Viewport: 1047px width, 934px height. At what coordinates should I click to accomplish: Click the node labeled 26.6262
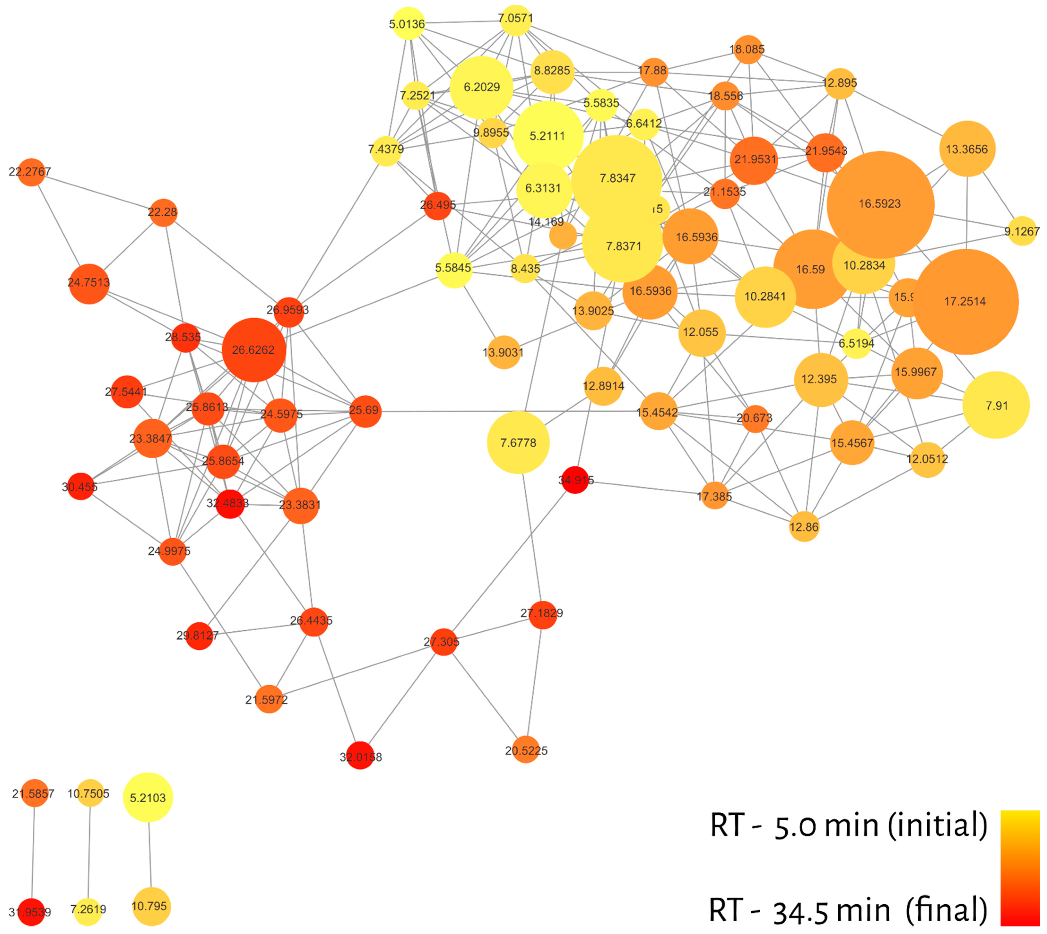254,350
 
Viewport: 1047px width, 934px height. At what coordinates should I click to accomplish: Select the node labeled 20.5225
526,750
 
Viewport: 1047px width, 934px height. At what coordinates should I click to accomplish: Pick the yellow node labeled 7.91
996,405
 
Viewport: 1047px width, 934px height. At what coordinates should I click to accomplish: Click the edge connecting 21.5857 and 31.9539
33,852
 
